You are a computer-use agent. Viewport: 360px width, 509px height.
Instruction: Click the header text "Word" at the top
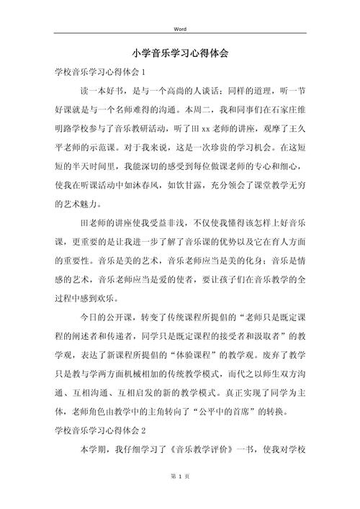point(180,29)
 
